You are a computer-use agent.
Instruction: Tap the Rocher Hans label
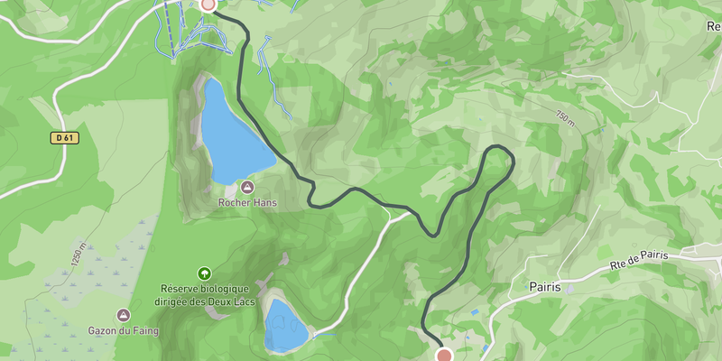tap(247, 203)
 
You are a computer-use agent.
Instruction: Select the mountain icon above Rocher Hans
tap(247, 188)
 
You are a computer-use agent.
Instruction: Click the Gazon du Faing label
tap(124, 330)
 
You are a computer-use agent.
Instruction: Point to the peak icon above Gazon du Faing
tap(124, 315)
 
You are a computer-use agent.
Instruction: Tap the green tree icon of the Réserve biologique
tap(204, 273)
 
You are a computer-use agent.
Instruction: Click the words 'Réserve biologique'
tap(205, 289)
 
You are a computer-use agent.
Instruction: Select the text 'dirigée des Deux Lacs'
tap(205, 301)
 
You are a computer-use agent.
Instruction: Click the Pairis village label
tap(545, 287)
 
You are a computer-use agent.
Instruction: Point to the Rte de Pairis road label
tap(639, 259)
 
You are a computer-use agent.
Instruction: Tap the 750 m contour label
tap(565, 117)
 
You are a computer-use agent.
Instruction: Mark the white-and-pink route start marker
tap(208, 4)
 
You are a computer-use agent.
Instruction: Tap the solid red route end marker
tap(444, 356)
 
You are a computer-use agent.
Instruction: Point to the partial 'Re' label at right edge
tap(713, 26)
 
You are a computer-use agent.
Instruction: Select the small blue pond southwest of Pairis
tap(475, 312)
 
